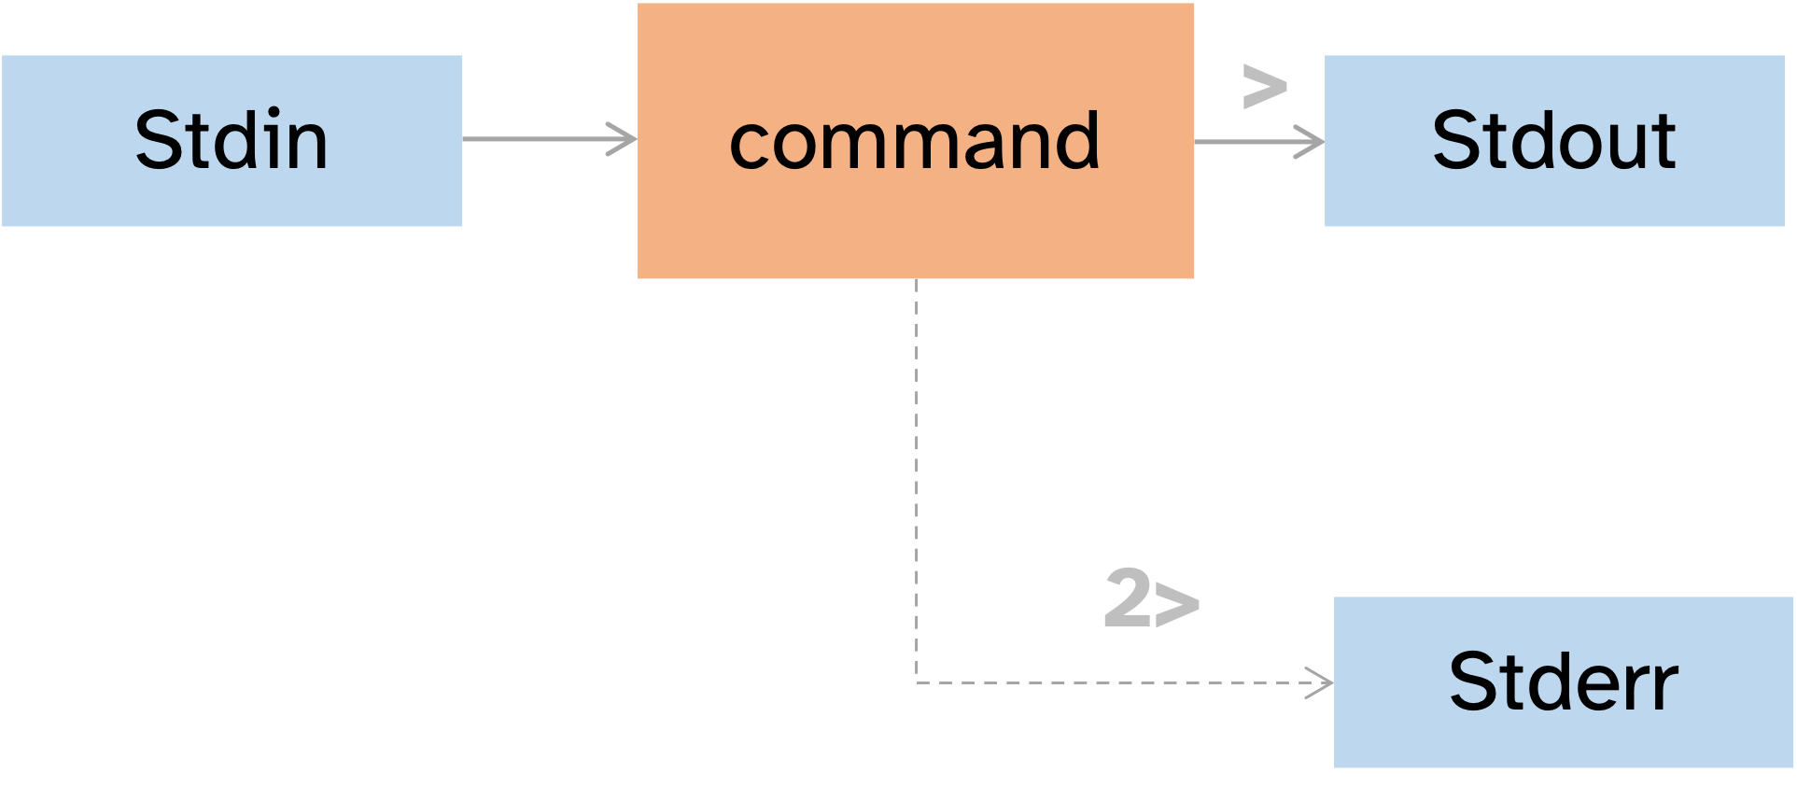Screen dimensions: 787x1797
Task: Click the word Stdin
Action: pyautogui.click(x=231, y=140)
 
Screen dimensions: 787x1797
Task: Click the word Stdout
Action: pyautogui.click(x=1554, y=140)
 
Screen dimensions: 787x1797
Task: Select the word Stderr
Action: pyautogui.click(x=1564, y=682)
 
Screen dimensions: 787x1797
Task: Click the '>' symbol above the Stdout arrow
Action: pyautogui.click(x=1265, y=88)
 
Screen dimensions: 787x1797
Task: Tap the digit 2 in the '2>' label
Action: pyautogui.click(x=1128, y=597)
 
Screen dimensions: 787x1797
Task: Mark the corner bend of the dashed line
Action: pyautogui.click(x=917, y=682)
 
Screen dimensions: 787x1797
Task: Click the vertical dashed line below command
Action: pyautogui.click(x=917, y=467)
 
